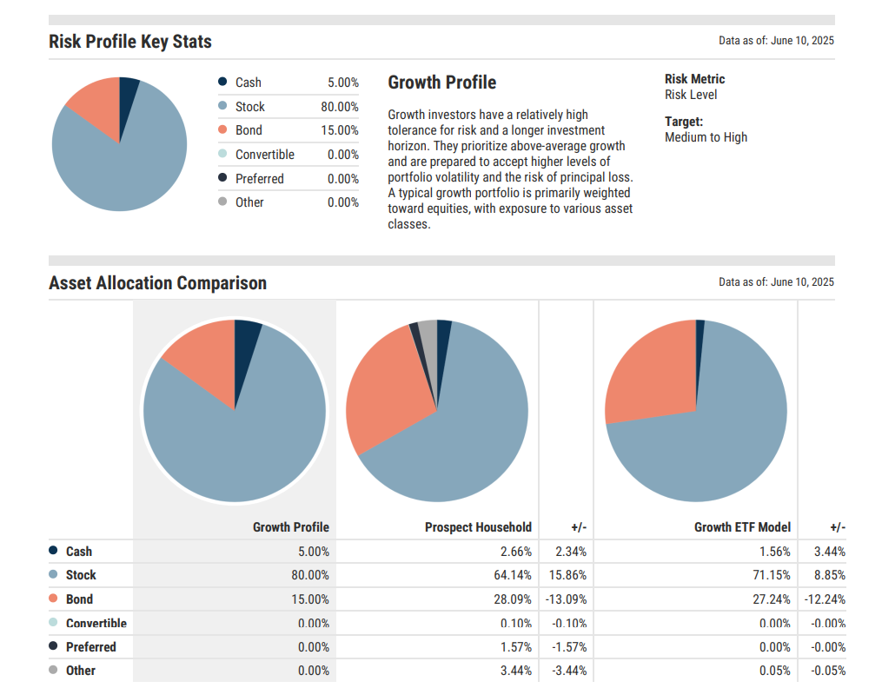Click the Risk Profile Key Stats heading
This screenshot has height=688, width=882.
pyautogui.click(x=129, y=42)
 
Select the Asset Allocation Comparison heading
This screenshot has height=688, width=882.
pyautogui.click(x=157, y=283)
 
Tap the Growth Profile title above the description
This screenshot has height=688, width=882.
pyautogui.click(x=441, y=83)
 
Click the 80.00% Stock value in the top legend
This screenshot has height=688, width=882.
pyautogui.click(x=339, y=107)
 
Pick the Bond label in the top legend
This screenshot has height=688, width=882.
pyautogui.click(x=249, y=130)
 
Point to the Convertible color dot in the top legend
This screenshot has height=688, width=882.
pyautogui.click(x=223, y=154)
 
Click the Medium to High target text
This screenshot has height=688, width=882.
pyautogui.click(x=706, y=137)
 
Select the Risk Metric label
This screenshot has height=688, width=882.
pyautogui.click(x=694, y=79)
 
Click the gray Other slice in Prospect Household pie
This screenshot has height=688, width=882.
pyautogui.click(x=428, y=334)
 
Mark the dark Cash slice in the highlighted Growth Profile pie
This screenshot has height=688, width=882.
pyautogui.click(x=246, y=333)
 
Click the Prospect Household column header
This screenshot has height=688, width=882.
pyautogui.click(x=478, y=527)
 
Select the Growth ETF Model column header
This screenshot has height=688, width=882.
pyautogui.click(x=742, y=527)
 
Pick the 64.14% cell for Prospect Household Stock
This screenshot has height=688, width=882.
pyautogui.click(x=513, y=575)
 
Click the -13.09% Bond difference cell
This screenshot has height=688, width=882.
pyautogui.click(x=566, y=599)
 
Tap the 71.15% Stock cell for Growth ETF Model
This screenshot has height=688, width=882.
pyautogui.click(x=773, y=575)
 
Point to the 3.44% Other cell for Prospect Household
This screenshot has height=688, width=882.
pyautogui.click(x=514, y=671)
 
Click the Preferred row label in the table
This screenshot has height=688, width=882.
pyautogui.click(x=90, y=647)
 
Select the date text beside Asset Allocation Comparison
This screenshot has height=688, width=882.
pyautogui.click(x=776, y=282)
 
